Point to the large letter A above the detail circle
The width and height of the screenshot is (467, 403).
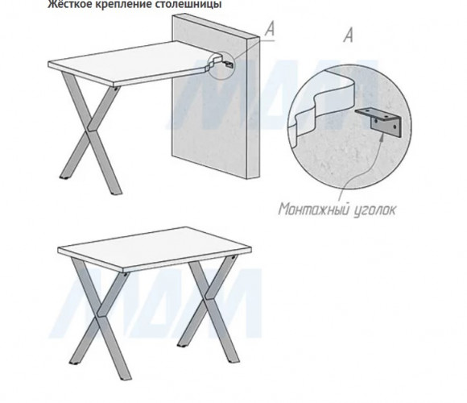click(348, 35)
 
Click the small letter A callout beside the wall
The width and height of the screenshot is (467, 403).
click(270, 29)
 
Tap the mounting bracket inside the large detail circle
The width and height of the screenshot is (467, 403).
click(379, 122)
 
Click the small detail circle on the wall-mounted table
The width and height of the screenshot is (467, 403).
click(221, 65)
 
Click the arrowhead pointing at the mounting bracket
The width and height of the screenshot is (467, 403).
click(382, 135)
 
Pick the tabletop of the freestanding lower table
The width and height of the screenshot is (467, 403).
click(155, 248)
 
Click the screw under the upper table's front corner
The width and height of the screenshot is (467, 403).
click(116, 88)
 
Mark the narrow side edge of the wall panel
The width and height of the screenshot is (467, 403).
click(254, 108)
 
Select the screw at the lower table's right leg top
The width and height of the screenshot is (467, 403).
click(233, 257)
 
